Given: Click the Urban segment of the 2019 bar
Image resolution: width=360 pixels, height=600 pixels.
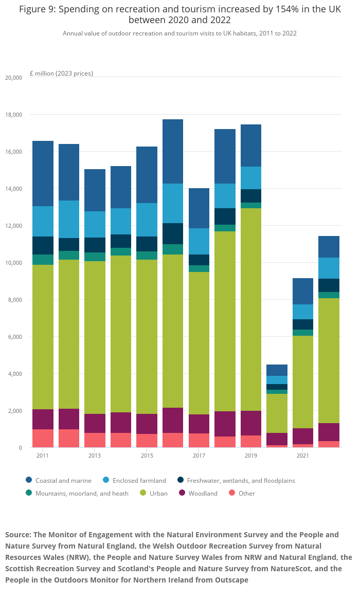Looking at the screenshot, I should click(x=251, y=308).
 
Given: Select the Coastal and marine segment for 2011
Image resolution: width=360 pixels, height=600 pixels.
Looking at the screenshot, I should click(x=43, y=173).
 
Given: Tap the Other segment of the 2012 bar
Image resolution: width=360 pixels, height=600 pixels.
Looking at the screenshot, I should click(x=69, y=438).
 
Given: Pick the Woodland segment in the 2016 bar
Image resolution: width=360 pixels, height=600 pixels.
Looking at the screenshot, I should click(x=173, y=420).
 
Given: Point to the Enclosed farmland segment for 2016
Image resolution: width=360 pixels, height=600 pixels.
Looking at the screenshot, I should click(x=173, y=203).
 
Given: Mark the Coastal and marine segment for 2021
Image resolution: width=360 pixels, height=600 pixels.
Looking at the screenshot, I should click(x=303, y=291).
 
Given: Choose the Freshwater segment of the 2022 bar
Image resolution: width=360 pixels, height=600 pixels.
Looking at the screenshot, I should click(x=329, y=285).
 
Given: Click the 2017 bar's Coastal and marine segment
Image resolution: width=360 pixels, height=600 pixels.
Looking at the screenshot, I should click(x=199, y=208).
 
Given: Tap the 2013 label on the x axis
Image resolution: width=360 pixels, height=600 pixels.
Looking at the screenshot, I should click(x=95, y=456).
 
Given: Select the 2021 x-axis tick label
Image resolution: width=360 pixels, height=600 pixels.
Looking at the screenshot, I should click(x=303, y=456).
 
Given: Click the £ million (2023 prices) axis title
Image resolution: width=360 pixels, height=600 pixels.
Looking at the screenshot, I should click(x=61, y=74).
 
